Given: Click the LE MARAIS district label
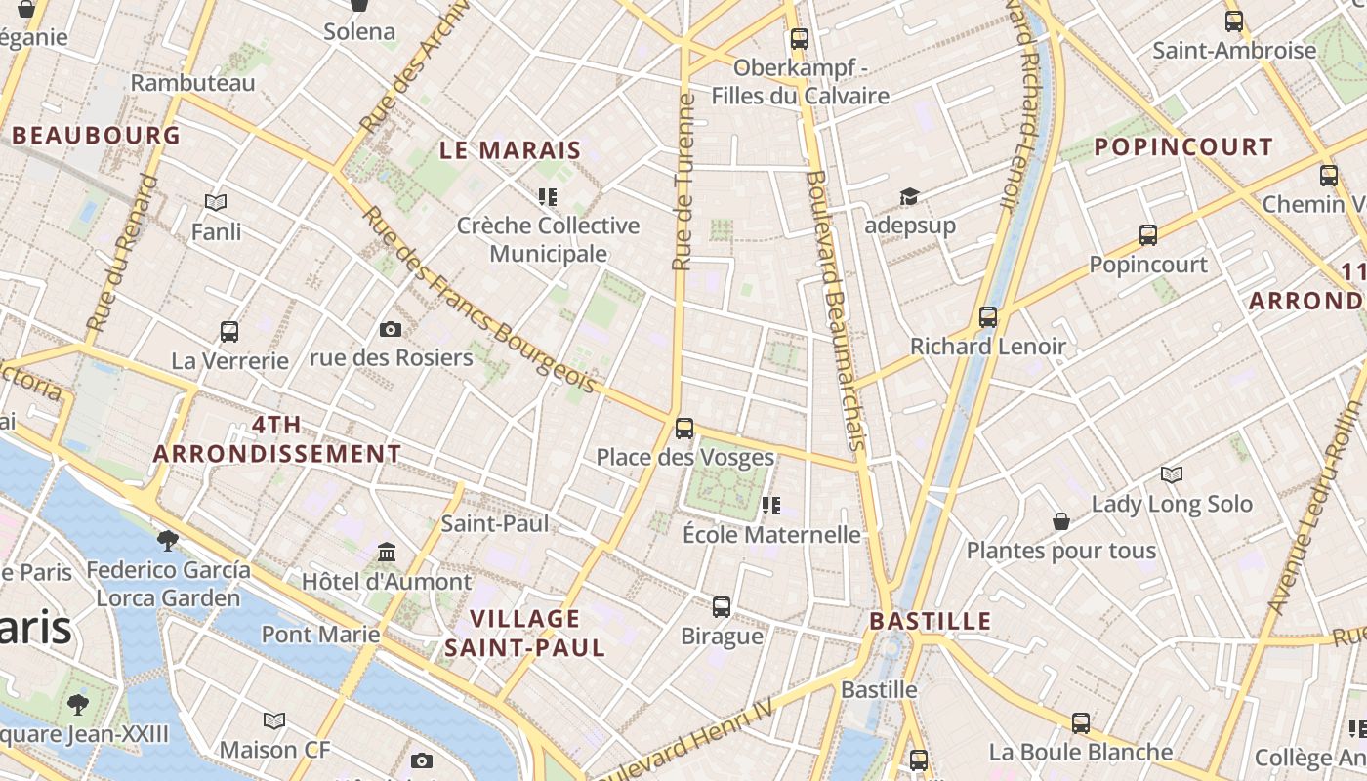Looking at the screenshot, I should click(x=510, y=150).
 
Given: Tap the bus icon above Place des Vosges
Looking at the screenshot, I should click(x=684, y=428).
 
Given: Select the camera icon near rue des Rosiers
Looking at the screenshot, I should click(x=391, y=329).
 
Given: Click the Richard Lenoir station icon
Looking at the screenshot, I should click(x=988, y=317).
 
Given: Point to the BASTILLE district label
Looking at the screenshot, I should click(x=930, y=621).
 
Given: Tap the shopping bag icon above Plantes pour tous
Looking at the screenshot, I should click(x=1061, y=522).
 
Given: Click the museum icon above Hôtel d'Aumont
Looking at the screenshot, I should click(x=387, y=553).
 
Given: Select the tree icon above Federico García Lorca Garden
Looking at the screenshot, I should click(x=168, y=540).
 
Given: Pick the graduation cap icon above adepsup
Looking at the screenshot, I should click(x=909, y=197).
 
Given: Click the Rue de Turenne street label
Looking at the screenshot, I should click(x=683, y=182).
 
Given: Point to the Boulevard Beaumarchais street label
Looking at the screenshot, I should click(x=836, y=310).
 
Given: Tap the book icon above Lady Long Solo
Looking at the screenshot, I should click(x=1172, y=475).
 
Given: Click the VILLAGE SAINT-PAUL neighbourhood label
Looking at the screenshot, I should click(x=525, y=633).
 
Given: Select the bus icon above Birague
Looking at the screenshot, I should click(x=722, y=607).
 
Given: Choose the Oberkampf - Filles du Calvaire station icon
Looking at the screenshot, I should click(x=800, y=39).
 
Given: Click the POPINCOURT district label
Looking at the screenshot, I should click(x=1183, y=147).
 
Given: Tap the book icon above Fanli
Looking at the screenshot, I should click(x=216, y=202).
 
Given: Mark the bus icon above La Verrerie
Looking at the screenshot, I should click(x=229, y=332).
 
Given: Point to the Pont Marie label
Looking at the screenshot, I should click(x=320, y=634).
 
